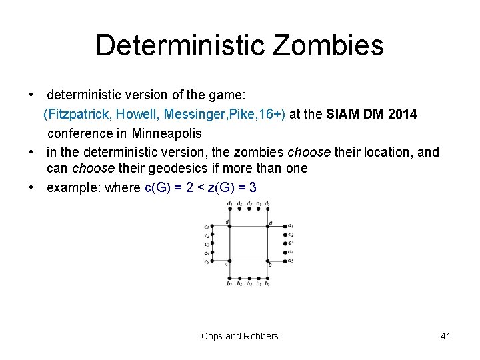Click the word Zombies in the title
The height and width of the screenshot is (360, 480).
[x=328, y=45]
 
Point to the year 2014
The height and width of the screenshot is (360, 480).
[x=402, y=115]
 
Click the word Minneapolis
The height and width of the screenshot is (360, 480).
[x=167, y=133]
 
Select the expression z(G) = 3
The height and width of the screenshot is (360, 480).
[x=232, y=187]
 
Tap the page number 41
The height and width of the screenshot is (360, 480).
[x=446, y=336]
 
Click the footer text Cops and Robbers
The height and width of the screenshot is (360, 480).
[x=240, y=336]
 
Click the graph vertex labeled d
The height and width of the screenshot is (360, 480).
[x=230, y=226]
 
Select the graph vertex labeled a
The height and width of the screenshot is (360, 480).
[x=268, y=226]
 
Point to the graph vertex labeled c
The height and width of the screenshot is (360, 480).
[x=230, y=261]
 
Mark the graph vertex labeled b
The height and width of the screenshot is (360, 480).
[x=268, y=261]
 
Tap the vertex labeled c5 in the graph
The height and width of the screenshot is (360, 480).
[x=211, y=261]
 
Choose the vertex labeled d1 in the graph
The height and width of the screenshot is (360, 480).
[x=230, y=209]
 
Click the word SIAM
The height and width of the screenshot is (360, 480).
[x=342, y=115]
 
